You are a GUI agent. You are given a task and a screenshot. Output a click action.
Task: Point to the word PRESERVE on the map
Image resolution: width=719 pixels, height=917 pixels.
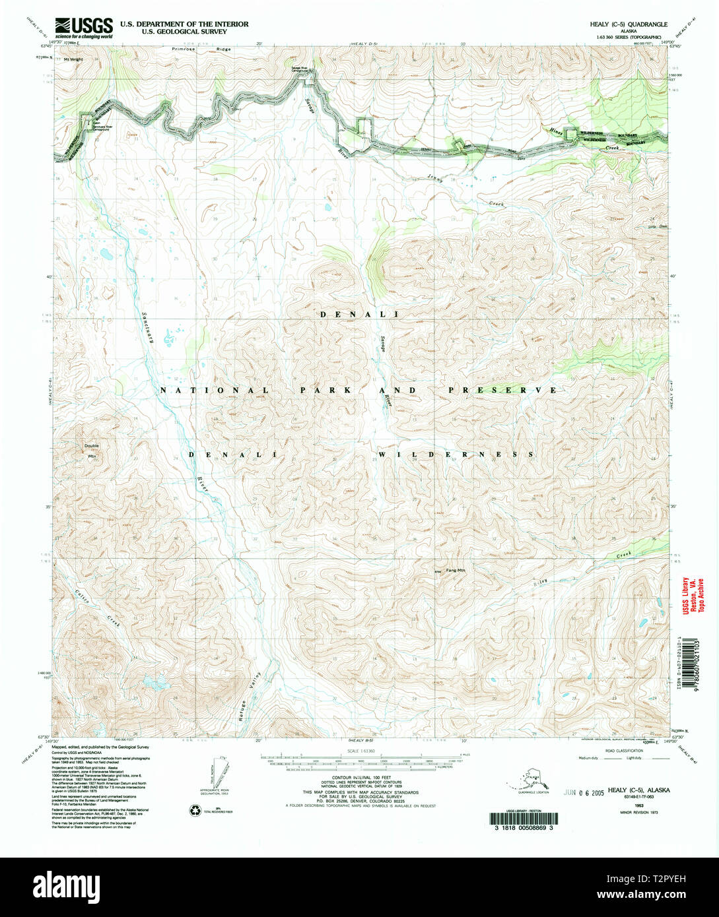point(502,390)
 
